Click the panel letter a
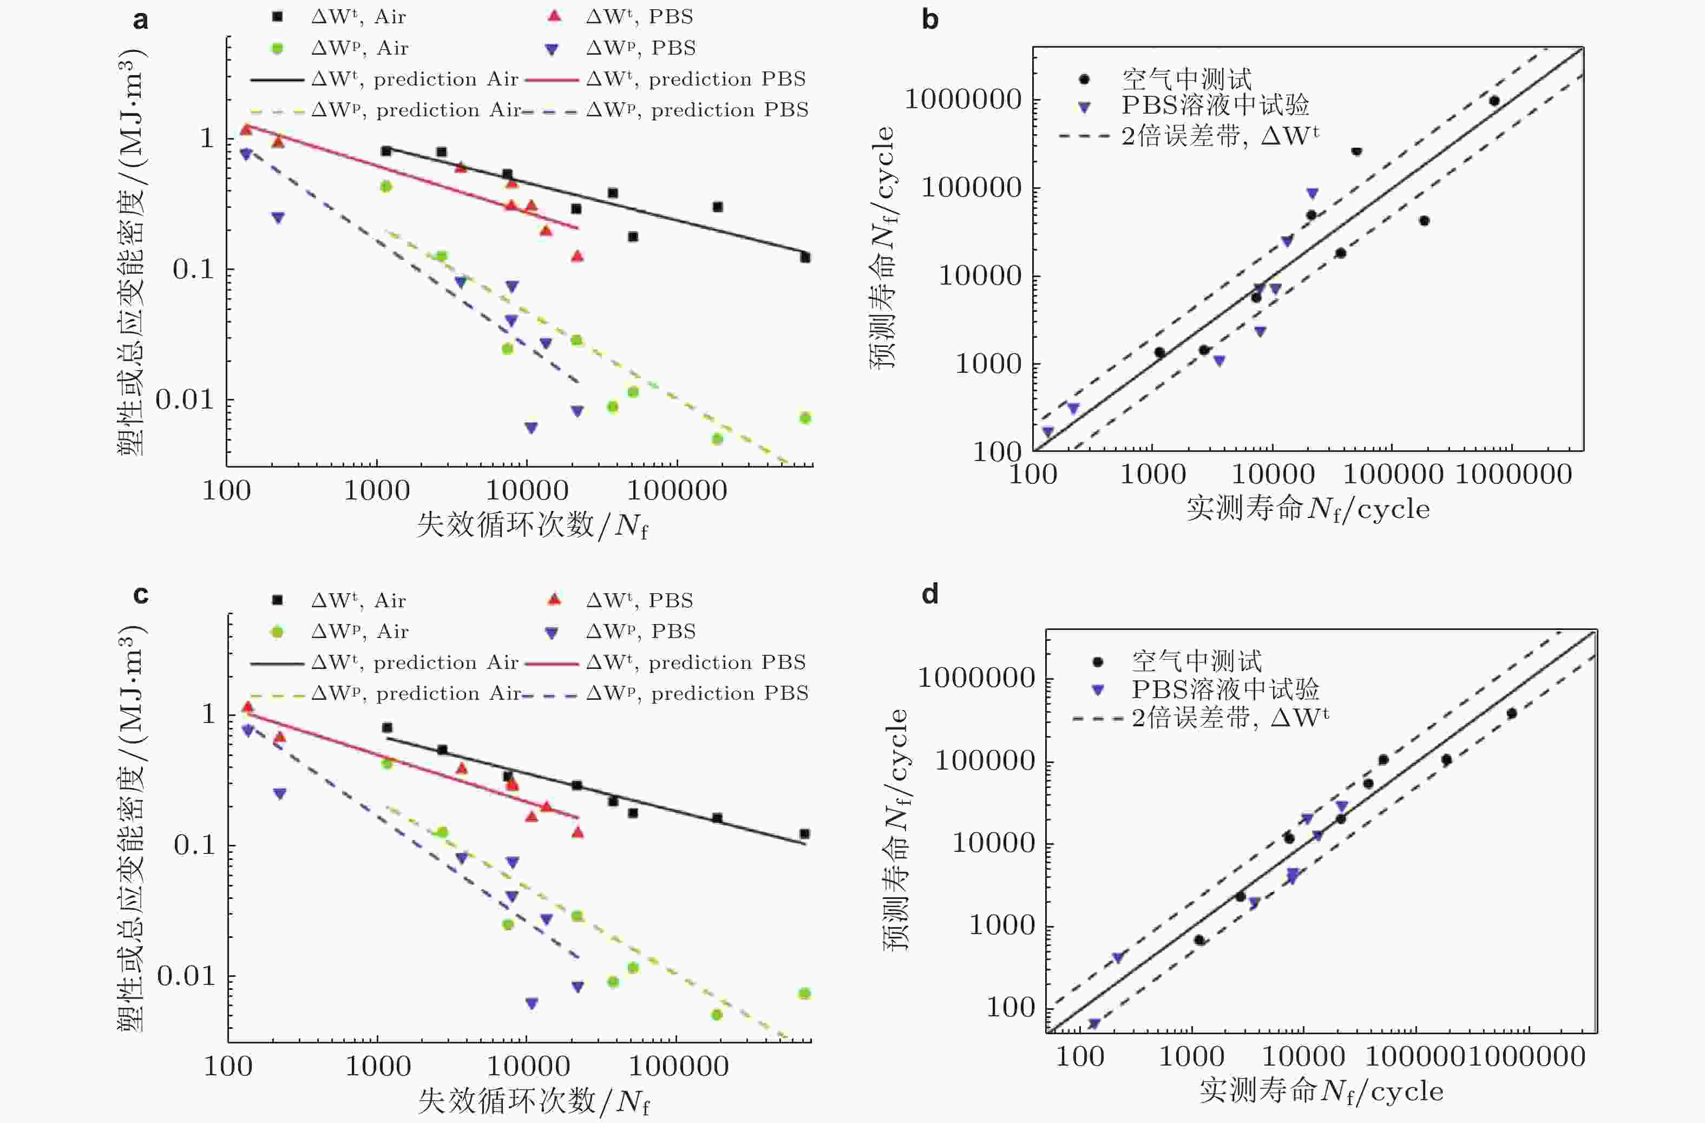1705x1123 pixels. (140, 20)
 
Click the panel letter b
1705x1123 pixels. (929, 20)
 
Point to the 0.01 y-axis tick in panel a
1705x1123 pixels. (185, 399)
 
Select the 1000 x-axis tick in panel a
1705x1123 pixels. (377, 490)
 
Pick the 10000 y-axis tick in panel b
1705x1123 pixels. (980, 275)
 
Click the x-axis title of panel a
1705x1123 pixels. (532, 526)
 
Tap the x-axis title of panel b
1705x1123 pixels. (1307, 509)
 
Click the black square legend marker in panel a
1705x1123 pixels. (278, 16)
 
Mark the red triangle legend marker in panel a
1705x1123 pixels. (554, 16)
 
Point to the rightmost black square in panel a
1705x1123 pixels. (805, 257)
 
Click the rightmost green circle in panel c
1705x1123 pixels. (804, 993)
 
